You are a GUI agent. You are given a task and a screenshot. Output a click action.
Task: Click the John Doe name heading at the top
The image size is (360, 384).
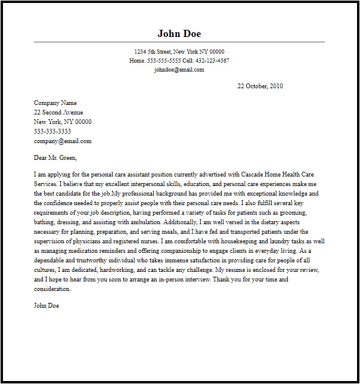point(179,33)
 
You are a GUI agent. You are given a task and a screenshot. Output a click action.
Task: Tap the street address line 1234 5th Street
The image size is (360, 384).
point(179,52)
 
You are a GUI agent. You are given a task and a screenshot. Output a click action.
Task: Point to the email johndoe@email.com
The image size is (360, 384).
point(179,70)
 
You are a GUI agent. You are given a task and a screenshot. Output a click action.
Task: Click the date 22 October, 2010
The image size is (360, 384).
point(260,86)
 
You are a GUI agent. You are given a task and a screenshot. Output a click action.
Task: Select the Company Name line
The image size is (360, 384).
point(55,103)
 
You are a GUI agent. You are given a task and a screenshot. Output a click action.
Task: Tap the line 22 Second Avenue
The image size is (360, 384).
point(58,112)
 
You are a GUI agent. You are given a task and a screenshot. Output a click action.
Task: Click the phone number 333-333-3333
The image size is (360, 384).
point(52,131)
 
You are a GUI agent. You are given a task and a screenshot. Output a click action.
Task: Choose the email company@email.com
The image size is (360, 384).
point(63,141)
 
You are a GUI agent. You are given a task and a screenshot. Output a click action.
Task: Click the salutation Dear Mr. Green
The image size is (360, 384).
point(55,158)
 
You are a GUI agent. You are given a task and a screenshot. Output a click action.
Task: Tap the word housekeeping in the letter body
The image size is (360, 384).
point(232,241)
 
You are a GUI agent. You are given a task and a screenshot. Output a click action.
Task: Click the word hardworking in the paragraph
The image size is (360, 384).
point(116,270)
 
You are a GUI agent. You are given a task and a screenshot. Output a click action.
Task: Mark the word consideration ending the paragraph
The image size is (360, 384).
point(52,289)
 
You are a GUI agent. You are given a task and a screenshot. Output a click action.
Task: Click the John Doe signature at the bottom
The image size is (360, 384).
point(46,305)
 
